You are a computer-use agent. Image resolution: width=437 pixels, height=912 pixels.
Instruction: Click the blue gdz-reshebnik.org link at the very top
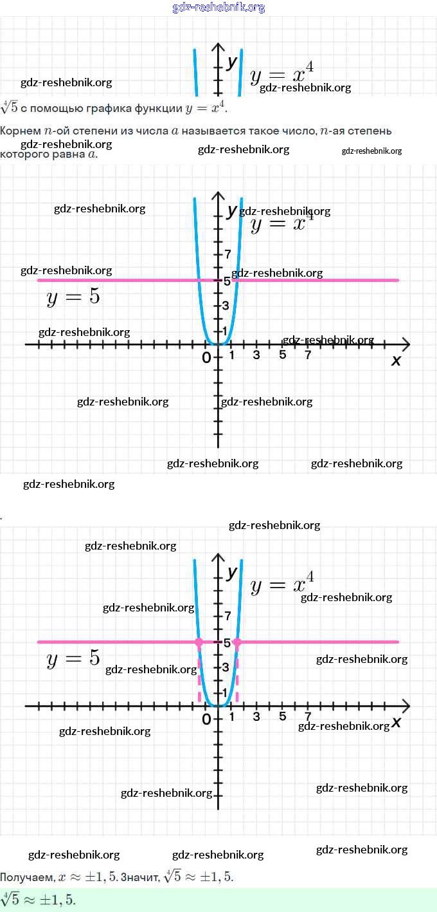(219, 8)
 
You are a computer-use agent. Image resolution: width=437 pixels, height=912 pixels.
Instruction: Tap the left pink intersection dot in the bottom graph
(199, 642)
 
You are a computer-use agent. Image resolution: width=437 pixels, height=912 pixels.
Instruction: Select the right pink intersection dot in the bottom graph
(237, 642)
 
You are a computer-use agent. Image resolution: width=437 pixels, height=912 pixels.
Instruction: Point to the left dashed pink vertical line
(199, 676)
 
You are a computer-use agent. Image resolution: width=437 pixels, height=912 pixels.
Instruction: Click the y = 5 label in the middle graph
(73, 297)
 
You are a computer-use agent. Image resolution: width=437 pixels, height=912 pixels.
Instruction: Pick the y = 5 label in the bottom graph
(73, 659)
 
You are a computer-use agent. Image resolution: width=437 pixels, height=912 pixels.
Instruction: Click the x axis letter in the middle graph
(396, 360)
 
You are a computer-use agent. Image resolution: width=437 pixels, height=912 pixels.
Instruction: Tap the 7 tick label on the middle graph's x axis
(308, 355)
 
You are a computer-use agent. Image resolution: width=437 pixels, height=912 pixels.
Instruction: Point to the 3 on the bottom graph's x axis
(256, 717)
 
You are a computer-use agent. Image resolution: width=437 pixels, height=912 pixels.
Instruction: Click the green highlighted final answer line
(39, 900)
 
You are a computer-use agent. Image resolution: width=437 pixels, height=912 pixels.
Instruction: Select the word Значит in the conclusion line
(140, 877)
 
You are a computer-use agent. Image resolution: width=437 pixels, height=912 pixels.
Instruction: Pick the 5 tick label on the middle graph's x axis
(282, 355)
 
